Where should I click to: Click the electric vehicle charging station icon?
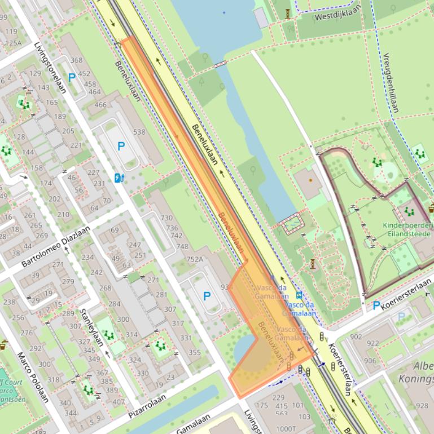coord(119,178)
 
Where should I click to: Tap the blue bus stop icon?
coord(299,294)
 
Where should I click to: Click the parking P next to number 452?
coord(72,78)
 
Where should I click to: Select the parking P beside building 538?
coord(121,146)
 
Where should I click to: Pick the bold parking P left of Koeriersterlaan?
coord(376,305)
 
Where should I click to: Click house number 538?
coord(139,132)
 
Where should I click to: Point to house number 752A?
coord(194,259)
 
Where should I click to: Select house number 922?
coord(372,343)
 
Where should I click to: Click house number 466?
coord(100,104)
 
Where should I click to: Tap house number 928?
coord(422,405)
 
